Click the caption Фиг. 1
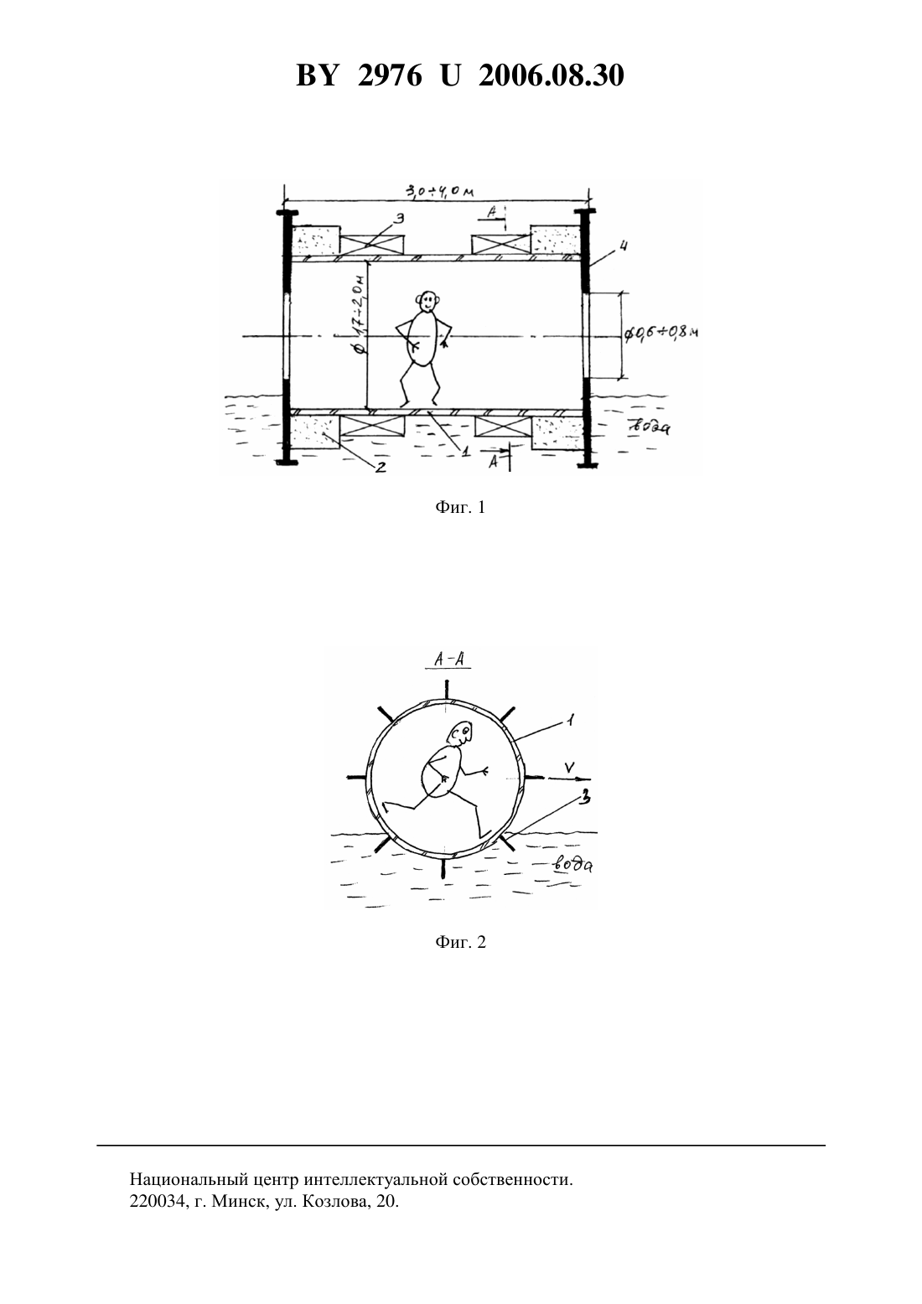(460, 508)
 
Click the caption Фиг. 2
(460, 942)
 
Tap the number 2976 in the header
(390, 75)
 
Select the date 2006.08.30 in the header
(552, 75)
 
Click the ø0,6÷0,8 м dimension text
(660, 334)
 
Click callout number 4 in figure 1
(623, 247)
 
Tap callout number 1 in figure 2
(571, 721)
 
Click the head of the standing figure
(427, 301)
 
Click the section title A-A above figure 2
(448, 660)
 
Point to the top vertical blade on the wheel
(447, 690)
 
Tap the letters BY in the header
(317, 75)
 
